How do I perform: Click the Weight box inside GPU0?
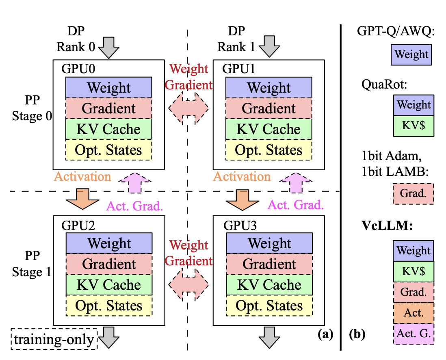click(x=109, y=87)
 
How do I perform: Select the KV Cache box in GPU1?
click(x=268, y=129)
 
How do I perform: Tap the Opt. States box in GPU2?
click(x=109, y=306)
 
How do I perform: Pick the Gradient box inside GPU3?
click(x=269, y=264)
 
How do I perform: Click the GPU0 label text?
click(x=79, y=68)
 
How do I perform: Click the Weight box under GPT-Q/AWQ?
click(x=411, y=55)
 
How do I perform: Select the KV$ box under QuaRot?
click(x=414, y=126)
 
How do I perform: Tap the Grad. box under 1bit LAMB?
click(x=413, y=194)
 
